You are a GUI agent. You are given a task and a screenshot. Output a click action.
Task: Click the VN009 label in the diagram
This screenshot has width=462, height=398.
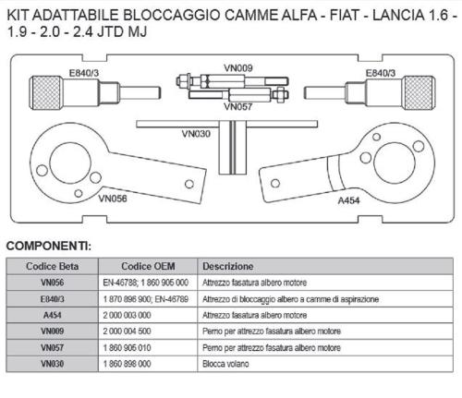[238, 68]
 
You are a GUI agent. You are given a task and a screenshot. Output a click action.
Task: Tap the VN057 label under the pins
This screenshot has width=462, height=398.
[238, 107]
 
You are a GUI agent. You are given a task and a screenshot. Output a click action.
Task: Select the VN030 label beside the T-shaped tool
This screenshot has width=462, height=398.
[196, 134]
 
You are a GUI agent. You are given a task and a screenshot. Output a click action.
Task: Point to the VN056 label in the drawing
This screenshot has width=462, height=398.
[113, 199]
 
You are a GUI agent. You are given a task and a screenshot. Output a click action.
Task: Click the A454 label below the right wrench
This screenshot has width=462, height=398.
[348, 200]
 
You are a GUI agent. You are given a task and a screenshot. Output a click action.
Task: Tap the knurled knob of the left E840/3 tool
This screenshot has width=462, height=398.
[46, 92]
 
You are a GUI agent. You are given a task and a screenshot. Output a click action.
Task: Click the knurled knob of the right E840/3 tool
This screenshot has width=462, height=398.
[419, 92]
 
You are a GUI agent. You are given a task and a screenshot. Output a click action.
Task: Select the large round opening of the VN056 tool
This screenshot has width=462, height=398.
[70, 163]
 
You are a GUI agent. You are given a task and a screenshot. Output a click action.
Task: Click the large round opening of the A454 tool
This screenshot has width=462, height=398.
[395, 163]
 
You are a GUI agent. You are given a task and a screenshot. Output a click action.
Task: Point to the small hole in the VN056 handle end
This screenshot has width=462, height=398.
[189, 184]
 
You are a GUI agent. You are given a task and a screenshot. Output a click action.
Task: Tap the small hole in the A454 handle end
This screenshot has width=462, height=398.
[275, 184]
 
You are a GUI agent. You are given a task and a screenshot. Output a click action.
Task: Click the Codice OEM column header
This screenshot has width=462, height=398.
[148, 266]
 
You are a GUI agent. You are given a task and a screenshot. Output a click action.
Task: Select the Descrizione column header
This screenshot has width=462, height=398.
[228, 266]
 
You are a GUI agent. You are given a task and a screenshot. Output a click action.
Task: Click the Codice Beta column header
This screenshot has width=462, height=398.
[52, 266]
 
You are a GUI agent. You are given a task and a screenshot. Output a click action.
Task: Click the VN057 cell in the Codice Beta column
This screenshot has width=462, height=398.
[53, 348]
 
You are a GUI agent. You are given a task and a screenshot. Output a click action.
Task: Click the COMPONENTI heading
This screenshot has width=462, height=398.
[49, 247]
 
